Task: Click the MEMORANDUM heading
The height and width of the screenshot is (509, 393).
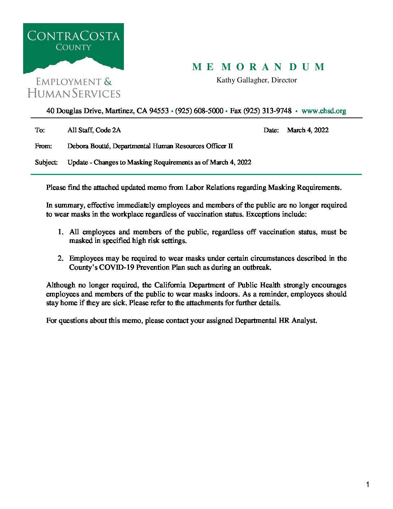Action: click(259, 67)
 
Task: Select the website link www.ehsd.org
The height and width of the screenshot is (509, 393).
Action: click(324, 111)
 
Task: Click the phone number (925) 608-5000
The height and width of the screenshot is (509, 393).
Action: click(199, 111)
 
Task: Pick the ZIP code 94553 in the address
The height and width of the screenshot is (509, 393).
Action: click(159, 111)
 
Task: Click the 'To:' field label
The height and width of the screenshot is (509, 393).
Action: click(40, 130)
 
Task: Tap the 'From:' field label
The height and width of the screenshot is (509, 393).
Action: click(43, 146)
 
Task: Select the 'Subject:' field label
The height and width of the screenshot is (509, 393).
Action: click(46, 162)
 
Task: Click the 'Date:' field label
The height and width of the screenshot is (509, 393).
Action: click(271, 130)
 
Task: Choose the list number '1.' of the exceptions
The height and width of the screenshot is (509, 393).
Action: click(61, 232)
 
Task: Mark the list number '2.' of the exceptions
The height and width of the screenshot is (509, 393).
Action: click(61, 258)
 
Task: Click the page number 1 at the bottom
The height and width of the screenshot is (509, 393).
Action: click(368, 485)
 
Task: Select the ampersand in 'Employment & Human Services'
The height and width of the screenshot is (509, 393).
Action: click(108, 82)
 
